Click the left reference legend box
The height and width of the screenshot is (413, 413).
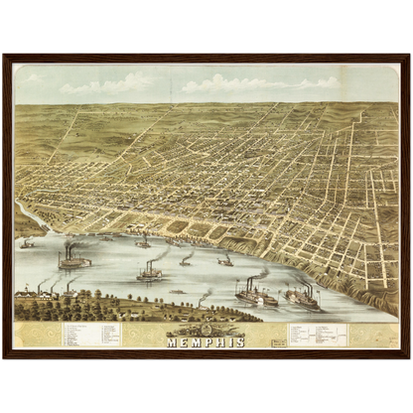[90, 333]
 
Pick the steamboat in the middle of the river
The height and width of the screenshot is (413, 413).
[150, 270]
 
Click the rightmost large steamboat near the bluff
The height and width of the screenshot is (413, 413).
[303, 298]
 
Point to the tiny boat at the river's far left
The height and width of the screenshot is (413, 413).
[27, 242]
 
